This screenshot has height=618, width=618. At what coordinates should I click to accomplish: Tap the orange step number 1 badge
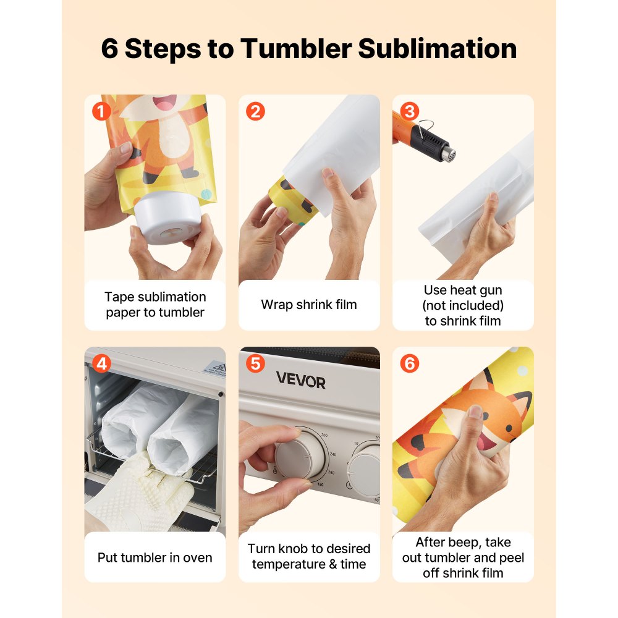point(101,112)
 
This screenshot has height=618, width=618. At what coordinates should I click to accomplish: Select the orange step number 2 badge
point(255,112)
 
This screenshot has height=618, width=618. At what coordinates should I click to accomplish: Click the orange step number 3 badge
point(408,112)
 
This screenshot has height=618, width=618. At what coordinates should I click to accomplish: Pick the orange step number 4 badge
point(101,364)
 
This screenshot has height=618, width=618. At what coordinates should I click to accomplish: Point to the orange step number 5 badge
point(255,364)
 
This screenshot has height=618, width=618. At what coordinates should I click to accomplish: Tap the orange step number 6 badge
point(408,364)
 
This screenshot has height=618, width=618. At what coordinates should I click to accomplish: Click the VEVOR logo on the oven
point(300,381)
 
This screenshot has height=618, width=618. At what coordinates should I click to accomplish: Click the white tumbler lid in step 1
point(166,223)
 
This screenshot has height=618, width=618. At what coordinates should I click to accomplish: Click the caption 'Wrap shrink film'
point(309,305)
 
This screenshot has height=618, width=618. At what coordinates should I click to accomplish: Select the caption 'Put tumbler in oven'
point(154,557)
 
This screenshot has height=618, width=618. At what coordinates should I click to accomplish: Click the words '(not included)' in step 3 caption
point(463,305)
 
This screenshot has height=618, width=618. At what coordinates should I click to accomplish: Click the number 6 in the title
point(109,49)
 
